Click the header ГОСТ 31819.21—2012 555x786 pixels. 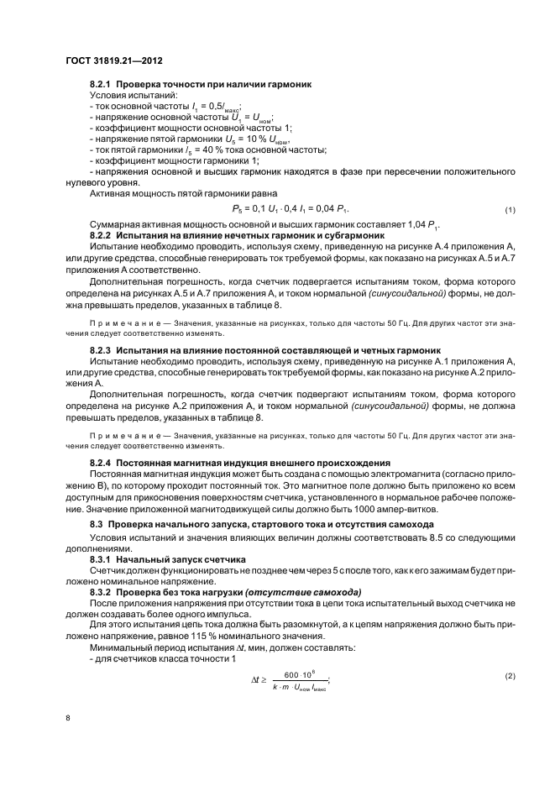(113, 60)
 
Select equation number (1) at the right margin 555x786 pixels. (510, 208)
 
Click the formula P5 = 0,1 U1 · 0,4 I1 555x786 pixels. (290, 208)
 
